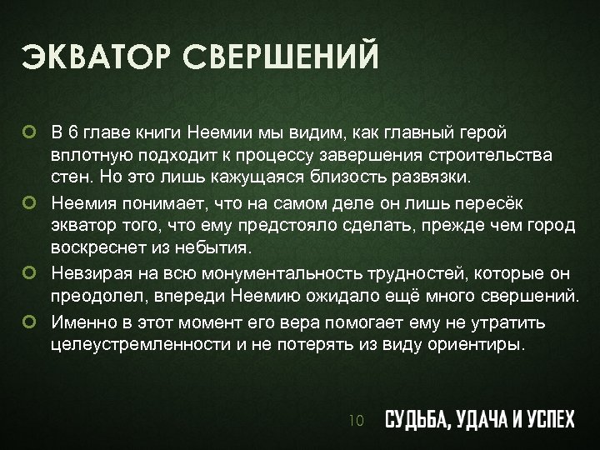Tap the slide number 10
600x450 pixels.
[357, 421]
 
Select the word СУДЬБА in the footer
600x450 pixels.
[412, 420]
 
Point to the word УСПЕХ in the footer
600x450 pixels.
[547, 420]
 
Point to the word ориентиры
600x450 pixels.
[482, 343]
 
